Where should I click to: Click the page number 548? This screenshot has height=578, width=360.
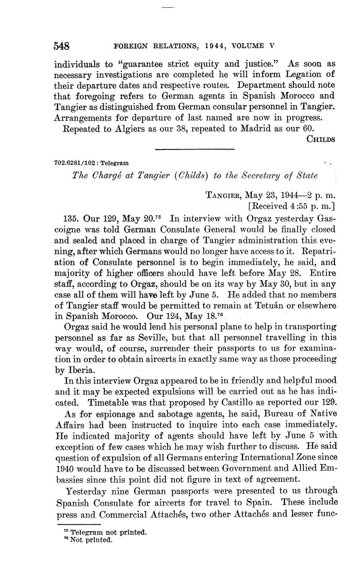[62, 46]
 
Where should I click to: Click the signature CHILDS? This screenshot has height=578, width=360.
[321, 139]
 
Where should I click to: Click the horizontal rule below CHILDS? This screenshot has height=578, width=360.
[195, 149]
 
